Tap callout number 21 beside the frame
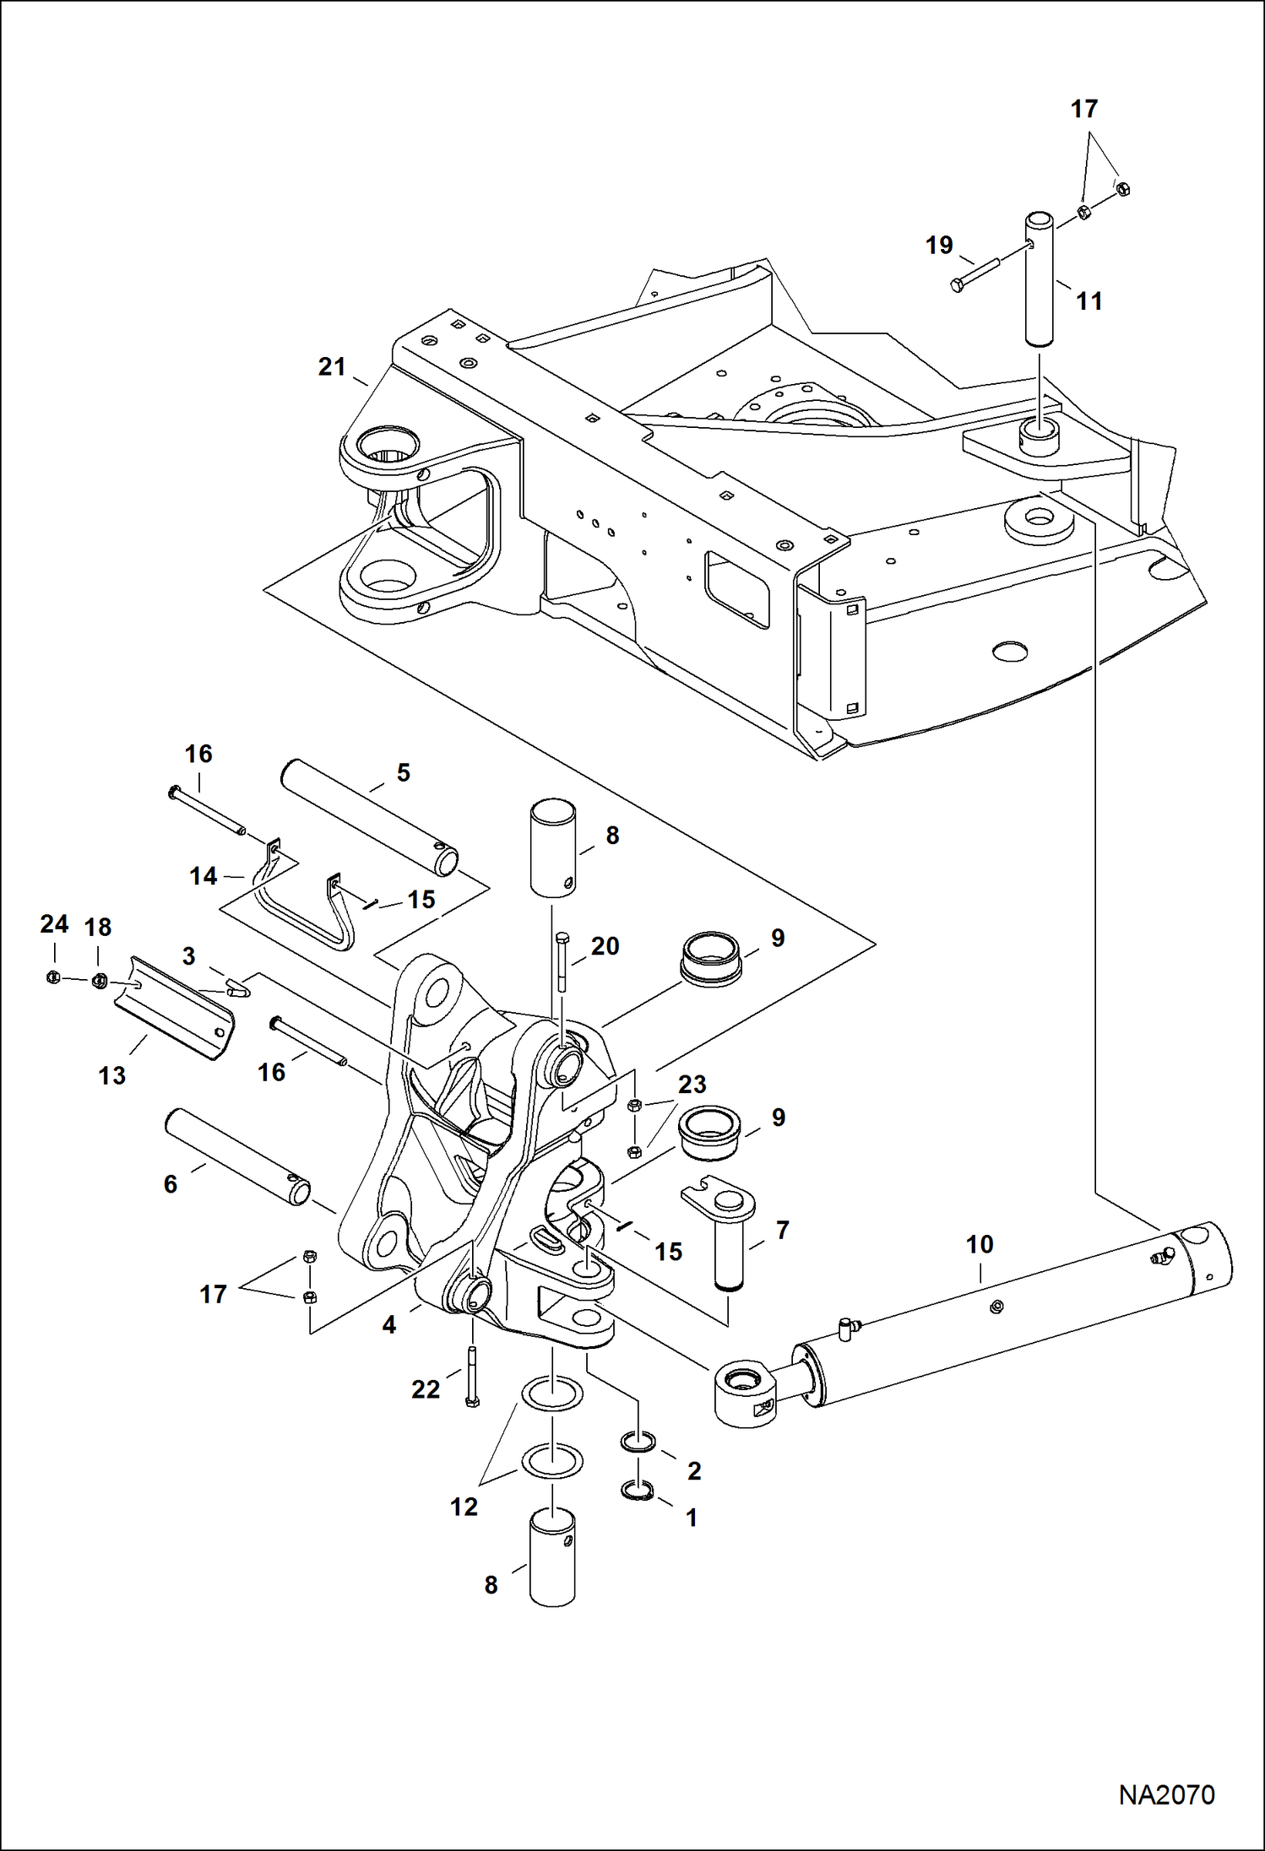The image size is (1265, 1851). pyautogui.click(x=332, y=366)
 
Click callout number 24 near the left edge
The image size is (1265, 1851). pyautogui.click(x=54, y=924)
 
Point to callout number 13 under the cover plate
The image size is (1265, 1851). pyautogui.click(x=111, y=1075)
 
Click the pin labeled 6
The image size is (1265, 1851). pyautogui.click(x=237, y=1157)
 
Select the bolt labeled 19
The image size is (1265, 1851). pyautogui.click(x=975, y=273)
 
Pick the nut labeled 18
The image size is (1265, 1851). pyautogui.click(x=98, y=980)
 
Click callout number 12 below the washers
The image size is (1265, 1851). pyautogui.click(x=464, y=1507)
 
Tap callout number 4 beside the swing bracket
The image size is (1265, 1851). pyautogui.click(x=388, y=1325)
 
